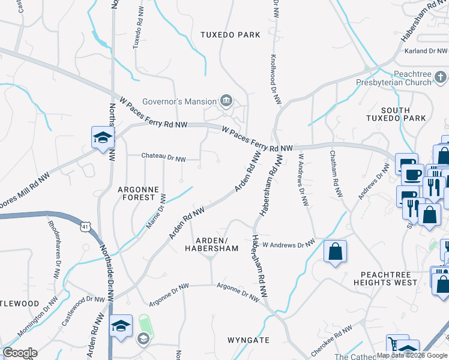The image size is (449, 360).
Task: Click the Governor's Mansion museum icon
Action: [x=226, y=100]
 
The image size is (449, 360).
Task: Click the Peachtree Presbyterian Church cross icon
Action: [x=441, y=77]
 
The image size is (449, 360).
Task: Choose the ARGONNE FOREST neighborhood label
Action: [x=139, y=193]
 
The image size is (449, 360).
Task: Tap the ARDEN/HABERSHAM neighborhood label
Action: [x=211, y=244]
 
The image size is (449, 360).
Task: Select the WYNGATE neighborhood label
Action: [x=249, y=340]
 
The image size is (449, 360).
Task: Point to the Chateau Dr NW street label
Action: [x=163, y=157]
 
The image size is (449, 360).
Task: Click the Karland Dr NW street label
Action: [x=427, y=52]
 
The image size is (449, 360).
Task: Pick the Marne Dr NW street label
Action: [x=155, y=209]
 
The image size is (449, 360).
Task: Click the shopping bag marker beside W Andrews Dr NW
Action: [x=335, y=251]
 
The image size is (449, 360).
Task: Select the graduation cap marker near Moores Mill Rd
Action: [x=103, y=137]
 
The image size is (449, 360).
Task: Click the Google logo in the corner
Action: [x=19, y=353]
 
